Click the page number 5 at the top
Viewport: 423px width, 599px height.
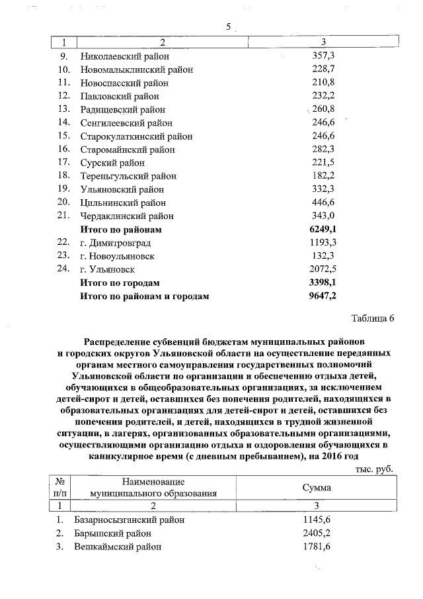tap(229, 27)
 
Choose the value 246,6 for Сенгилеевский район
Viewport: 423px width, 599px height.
tap(323, 122)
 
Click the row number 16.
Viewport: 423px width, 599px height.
tap(64, 149)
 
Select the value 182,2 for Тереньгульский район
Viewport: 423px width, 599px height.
tap(323, 176)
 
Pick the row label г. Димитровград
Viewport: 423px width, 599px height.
tap(116, 243)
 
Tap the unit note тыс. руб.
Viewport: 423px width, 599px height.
tap(374, 469)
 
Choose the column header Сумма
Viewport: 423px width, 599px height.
tap(317, 488)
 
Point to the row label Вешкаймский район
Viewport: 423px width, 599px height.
tap(118, 547)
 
